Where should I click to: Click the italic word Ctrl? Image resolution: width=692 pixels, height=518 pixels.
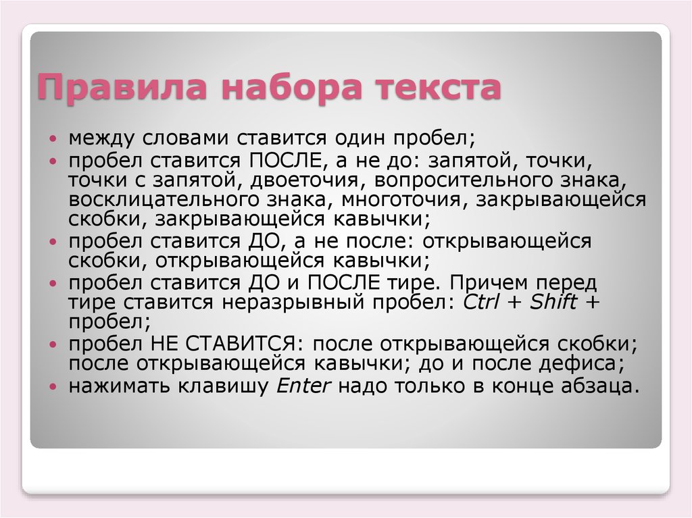481,303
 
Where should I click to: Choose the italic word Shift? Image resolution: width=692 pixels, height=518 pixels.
553,302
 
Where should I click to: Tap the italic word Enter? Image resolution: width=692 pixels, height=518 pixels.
303,386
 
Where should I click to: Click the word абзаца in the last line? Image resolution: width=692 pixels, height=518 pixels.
600,386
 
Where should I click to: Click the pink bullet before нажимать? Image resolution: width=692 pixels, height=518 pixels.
53,387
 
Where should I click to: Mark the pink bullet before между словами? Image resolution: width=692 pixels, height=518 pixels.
53,138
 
